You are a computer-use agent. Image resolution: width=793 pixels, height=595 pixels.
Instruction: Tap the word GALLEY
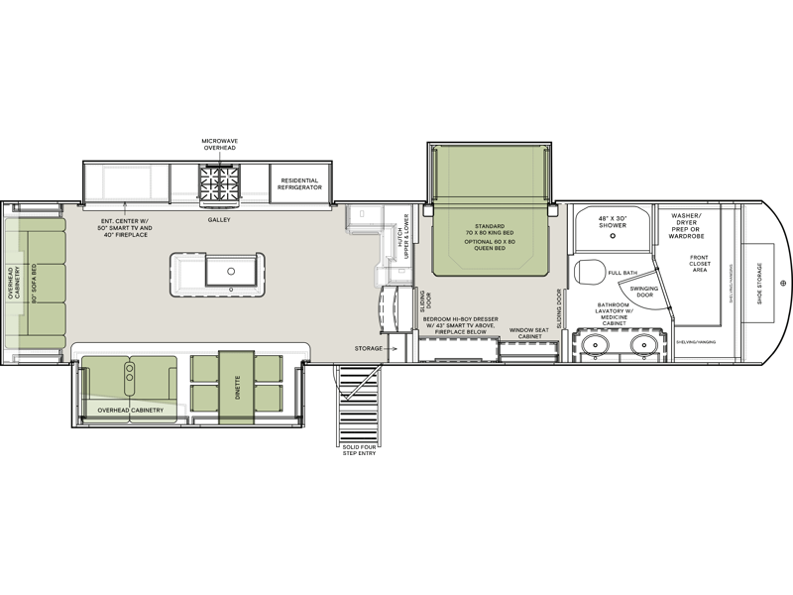(218, 219)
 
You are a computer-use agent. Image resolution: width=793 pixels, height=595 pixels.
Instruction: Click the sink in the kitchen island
(231, 268)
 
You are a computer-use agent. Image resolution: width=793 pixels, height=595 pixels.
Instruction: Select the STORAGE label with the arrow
(371, 348)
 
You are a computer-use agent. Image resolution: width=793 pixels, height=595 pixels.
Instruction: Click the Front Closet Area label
(707, 262)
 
